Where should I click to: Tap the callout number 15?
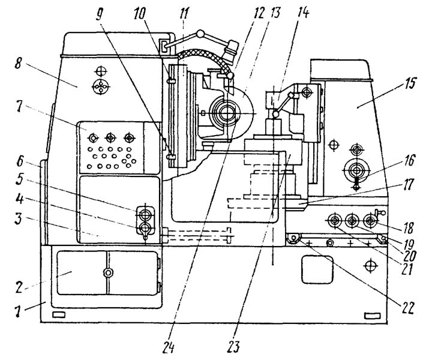click(x=410, y=83)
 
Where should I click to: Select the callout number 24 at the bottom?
click(x=169, y=347)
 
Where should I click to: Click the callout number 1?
click(x=17, y=311)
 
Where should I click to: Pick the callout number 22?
click(x=407, y=308)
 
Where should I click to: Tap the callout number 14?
click(x=304, y=13)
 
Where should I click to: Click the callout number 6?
click(x=20, y=161)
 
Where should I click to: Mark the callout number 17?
click(x=408, y=185)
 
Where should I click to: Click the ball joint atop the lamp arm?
click(x=200, y=34)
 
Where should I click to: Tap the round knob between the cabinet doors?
click(x=107, y=272)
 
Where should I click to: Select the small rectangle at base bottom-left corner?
click(x=59, y=314)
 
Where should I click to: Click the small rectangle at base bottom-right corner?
click(x=372, y=316)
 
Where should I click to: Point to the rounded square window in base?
click(x=317, y=269)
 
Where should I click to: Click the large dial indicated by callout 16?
click(x=357, y=171)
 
